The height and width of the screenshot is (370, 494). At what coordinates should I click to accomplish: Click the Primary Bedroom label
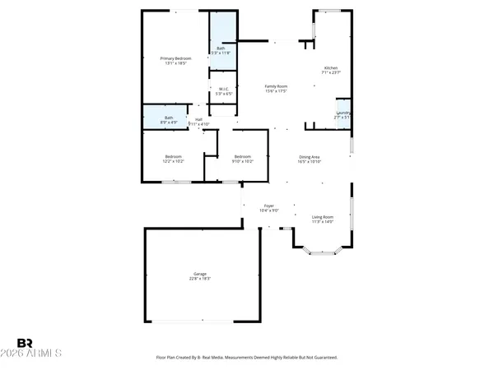175,58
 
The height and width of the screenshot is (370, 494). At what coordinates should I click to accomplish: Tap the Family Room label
276,86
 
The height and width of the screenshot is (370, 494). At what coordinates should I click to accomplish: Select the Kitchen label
330,67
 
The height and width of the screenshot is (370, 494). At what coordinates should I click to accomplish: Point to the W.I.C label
222,89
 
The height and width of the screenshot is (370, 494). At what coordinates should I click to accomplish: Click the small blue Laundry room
343,114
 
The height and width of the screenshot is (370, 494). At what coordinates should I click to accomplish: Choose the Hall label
198,119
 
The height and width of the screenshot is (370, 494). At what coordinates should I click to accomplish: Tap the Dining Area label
309,156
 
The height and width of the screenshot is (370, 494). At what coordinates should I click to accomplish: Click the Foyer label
268,206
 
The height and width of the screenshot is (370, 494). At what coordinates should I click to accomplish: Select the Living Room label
322,216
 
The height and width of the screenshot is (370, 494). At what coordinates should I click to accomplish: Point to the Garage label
200,273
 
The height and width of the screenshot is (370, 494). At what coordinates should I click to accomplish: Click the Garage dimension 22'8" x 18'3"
200,278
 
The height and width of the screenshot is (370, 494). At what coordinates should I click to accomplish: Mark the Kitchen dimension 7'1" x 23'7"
330,72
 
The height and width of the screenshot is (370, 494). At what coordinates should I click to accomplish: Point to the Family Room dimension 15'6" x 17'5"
276,90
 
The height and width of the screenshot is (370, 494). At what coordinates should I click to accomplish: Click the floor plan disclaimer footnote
246,358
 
